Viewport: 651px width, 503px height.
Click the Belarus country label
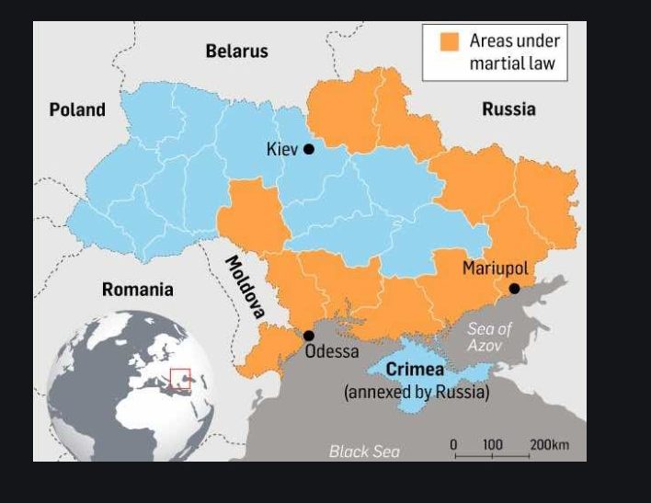point(236,51)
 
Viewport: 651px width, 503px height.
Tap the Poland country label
point(77,110)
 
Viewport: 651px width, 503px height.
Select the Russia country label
point(508,109)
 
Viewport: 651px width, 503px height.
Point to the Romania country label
point(137,290)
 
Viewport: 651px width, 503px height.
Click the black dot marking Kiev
point(309,149)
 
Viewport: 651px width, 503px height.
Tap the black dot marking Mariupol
point(515,289)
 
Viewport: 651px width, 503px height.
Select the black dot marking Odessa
point(309,336)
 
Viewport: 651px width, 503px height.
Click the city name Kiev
point(282,149)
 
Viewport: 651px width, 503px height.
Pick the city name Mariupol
point(495,269)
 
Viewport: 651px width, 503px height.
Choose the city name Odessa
point(332,351)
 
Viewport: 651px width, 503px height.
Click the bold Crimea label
point(415,370)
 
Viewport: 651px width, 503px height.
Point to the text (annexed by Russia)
point(417,392)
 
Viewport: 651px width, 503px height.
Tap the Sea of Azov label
point(490,337)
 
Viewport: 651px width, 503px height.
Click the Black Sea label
point(364,451)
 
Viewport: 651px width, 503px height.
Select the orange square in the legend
point(449,41)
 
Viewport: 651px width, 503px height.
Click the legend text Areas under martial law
point(514,52)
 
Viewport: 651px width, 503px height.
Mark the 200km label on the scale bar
point(549,445)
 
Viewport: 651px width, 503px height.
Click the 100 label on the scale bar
point(493,445)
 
